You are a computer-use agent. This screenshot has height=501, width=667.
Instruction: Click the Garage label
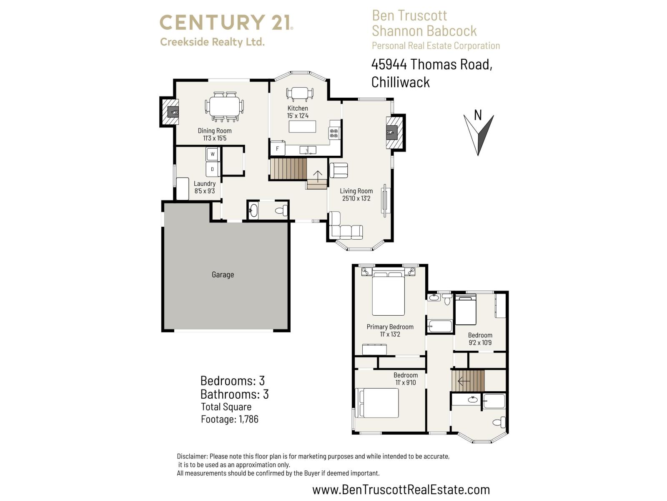click(223, 275)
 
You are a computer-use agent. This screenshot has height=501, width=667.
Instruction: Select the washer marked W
click(213, 154)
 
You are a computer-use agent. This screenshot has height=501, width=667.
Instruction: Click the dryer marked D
click(213, 169)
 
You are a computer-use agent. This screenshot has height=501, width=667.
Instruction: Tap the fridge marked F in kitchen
click(278, 149)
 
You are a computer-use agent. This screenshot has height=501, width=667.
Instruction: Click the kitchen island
click(302, 126)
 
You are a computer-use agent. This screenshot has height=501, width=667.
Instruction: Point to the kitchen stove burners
click(334, 133)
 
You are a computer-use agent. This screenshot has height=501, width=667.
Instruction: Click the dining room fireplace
click(173, 112)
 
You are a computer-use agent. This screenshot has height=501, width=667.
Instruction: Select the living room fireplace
click(392, 132)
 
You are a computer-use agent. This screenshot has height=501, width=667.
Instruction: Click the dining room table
click(225, 107)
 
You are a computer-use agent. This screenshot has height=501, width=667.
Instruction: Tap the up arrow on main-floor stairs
click(318, 177)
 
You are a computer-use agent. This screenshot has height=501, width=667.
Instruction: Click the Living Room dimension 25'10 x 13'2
click(356, 199)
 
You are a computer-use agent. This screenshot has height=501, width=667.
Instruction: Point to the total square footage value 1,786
click(248, 419)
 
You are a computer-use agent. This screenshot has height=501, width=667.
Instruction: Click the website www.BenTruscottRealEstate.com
click(401, 489)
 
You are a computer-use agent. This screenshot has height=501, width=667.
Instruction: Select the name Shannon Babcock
click(424, 31)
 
